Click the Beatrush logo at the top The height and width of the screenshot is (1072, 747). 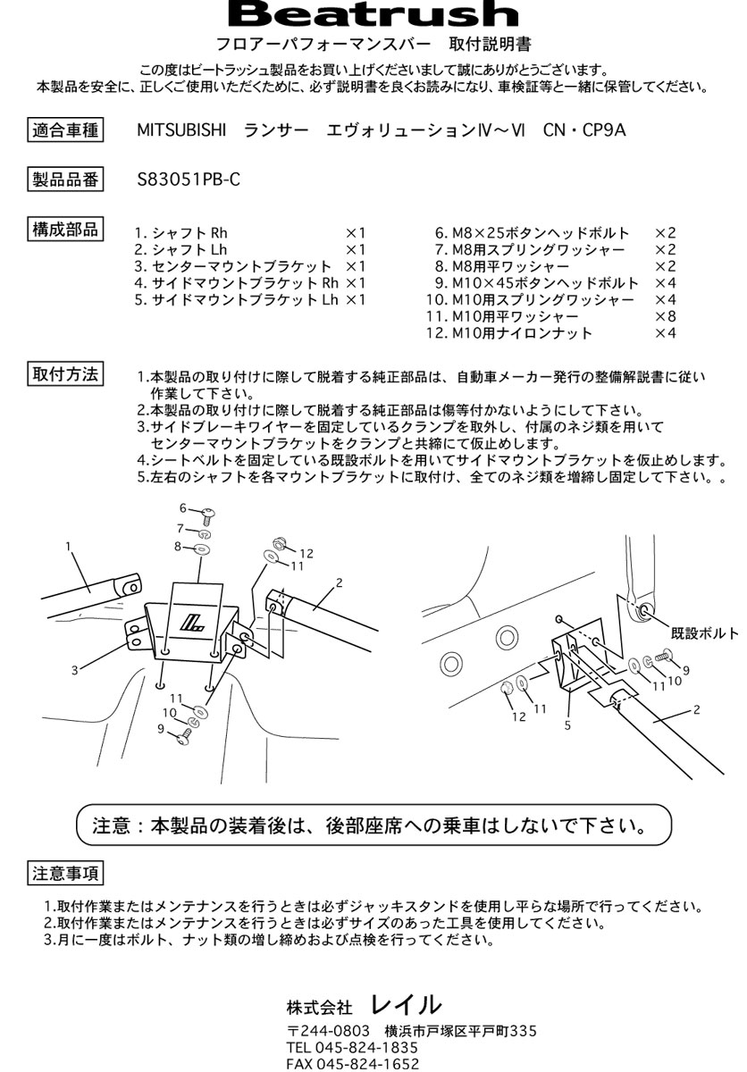373,14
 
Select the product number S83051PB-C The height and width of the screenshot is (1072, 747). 189,179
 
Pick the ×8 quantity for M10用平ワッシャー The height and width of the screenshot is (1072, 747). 665,317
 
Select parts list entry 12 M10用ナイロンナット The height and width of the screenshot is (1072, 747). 509,334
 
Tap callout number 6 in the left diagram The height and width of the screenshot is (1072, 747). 182,507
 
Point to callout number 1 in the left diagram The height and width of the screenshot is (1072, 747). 68,544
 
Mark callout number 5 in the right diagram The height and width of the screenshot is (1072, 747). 567,725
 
